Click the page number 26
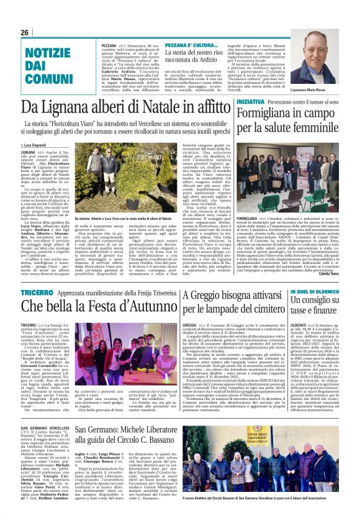(x=24, y=32)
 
